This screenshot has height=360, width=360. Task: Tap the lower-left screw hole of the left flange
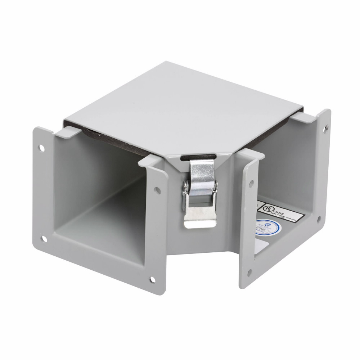click(44, 238)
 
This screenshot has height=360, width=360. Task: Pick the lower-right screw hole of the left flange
click(153, 279)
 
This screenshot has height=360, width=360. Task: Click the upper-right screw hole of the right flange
click(326, 128)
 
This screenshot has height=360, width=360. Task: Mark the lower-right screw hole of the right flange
click(318, 219)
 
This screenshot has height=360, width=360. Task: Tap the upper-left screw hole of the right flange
click(251, 183)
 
